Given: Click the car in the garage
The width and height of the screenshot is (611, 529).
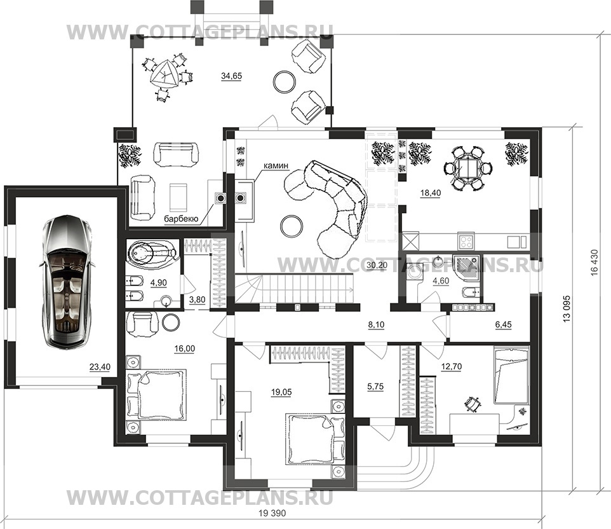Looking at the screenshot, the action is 67,281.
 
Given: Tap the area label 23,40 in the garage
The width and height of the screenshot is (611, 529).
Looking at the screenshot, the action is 100,367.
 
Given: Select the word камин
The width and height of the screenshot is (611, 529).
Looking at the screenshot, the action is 276,165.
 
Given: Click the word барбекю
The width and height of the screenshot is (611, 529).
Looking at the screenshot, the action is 181,219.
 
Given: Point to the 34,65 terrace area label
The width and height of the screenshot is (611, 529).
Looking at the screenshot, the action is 231,76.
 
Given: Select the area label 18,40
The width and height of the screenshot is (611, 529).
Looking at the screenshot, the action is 431,193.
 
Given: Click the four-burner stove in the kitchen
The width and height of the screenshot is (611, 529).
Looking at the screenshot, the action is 466,241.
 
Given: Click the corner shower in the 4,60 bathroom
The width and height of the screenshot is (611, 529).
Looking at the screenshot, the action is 467,266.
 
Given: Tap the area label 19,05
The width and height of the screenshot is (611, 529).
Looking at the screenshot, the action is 281,392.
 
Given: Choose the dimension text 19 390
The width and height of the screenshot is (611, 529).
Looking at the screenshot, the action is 272,513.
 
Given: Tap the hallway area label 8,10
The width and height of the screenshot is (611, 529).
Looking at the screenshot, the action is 376,324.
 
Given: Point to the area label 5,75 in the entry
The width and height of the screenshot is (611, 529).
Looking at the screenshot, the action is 375,387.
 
